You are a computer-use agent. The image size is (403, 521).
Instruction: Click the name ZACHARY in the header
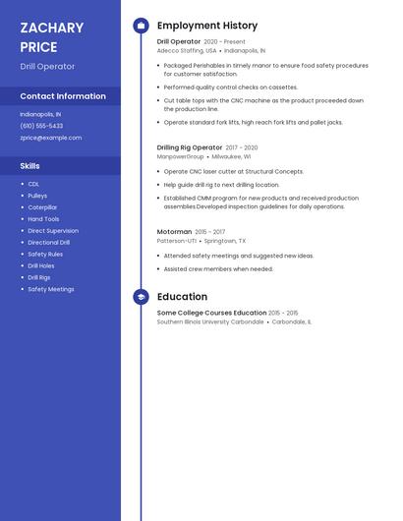tap(51, 29)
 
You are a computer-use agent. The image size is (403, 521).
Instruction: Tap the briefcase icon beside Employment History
tap(141, 26)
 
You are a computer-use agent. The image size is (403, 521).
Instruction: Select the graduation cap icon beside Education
tap(141, 297)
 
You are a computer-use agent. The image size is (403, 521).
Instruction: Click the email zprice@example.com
tap(50, 138)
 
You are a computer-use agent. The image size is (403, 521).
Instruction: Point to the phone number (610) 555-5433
tap(41, 126)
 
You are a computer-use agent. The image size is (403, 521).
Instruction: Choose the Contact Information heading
tap(63, 96)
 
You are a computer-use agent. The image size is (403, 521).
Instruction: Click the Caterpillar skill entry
tap(42, 207)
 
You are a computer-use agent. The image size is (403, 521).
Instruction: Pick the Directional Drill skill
tap(49, 243)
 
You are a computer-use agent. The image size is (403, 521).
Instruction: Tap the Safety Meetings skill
tap(51, 290)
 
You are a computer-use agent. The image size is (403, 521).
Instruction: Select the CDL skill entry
tap(33, 184)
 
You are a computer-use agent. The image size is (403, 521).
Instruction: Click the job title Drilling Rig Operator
tap(190, 147)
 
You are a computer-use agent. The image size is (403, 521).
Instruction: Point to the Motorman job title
tap(174, 232)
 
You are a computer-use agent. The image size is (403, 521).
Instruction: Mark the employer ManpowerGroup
tap(181, 156)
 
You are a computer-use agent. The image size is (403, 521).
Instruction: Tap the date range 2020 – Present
tap(224, 42)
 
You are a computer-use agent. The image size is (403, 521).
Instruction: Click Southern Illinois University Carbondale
tap(210, 321)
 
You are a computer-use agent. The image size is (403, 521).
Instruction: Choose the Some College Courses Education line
tap(211, 313)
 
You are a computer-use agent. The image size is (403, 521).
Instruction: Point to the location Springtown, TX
tap(225, 241)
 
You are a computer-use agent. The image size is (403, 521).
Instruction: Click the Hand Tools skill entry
tap(43, 219)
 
